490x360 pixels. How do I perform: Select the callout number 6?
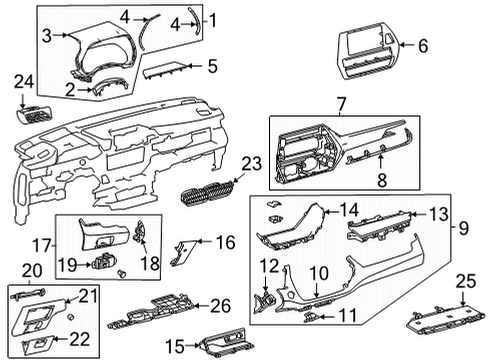click(423, 45)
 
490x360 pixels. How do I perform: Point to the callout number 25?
click(466, 283)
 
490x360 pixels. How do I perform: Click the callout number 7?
click(342, 102)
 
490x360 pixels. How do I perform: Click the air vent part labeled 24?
click(33, 109)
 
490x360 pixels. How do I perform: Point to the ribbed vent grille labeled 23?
click(208, 187)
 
